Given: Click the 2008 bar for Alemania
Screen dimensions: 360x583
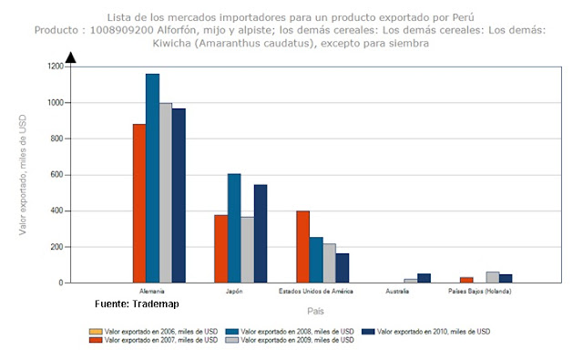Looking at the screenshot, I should click(x=152, y=179).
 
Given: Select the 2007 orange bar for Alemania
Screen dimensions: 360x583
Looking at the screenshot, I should click(x=139, y=203).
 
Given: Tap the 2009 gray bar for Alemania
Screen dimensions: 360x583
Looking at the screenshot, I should click(x=166, y=193).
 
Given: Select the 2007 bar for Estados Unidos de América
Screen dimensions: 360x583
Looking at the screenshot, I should click(x=302, y=247).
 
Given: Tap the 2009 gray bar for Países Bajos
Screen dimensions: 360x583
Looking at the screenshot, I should click(x=492, y=277).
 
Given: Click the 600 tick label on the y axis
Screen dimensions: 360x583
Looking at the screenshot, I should click(x=56, y=175).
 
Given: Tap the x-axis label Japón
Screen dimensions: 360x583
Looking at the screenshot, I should click(x=235, y=293).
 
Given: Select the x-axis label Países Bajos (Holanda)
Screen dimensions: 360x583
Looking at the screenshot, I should click(x=479, y=293).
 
